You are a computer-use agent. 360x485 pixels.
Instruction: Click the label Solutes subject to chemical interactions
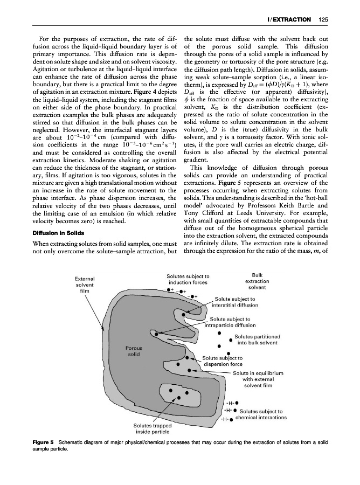pyautogui.click(x=261, y=414)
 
